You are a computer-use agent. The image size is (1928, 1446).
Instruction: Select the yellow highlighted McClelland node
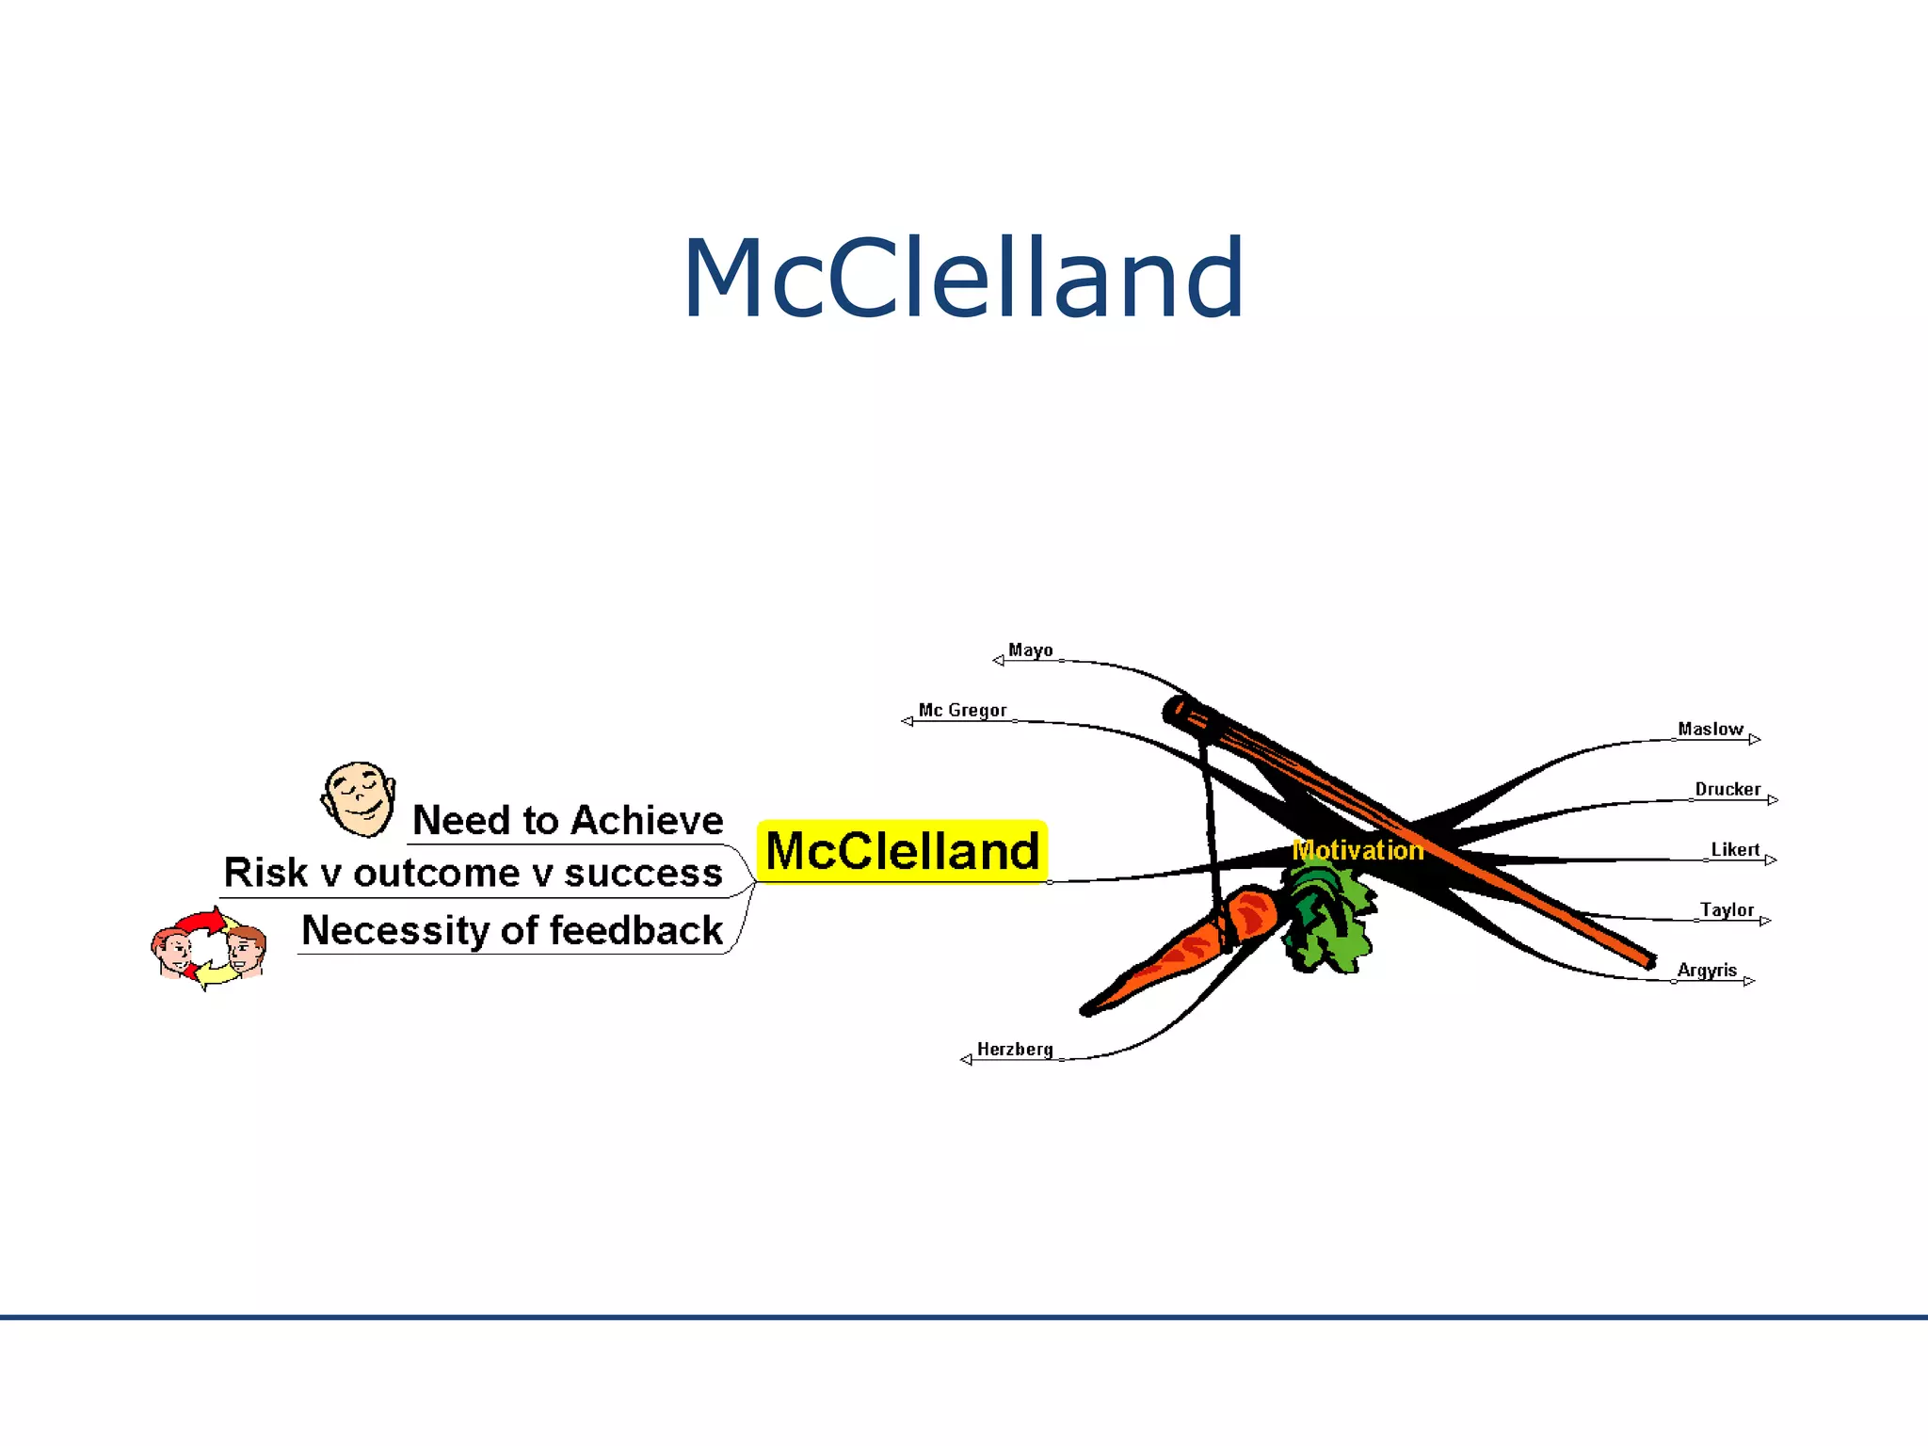902,852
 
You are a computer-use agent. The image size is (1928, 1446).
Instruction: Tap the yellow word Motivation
1358,850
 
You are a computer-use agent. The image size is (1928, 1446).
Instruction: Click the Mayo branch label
1030,651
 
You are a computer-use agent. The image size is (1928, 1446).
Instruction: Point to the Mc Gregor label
962,711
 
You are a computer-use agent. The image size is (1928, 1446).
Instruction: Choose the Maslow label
1710,730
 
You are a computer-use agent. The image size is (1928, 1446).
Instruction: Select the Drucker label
1727,790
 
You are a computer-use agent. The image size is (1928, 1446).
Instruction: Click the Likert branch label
1734,850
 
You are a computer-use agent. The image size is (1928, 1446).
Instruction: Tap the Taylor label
1727,910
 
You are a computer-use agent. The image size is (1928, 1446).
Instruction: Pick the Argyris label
1706,971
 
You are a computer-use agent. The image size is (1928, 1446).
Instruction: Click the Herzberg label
1015,1050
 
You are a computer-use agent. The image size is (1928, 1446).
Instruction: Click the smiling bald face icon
359,799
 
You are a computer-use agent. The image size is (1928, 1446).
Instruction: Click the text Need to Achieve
568,821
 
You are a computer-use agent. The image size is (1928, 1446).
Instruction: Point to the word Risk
265,874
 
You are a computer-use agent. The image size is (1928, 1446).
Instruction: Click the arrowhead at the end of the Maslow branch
1754,740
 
